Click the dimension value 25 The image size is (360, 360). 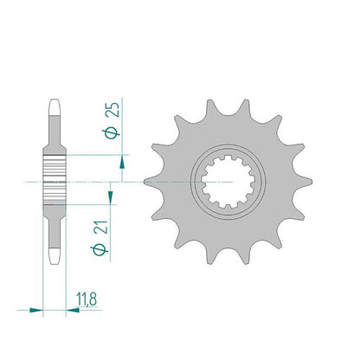coord(112,110)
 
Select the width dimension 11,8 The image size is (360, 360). coord(87,299)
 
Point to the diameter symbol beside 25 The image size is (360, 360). coord(112,133)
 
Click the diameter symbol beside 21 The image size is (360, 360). coord(100,250)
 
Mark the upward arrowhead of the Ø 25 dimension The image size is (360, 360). coord(123,162)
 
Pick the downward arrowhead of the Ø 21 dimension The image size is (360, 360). coord(111,197)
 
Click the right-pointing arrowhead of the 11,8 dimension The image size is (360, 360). coord(36,311)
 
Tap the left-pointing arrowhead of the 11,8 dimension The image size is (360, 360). coord(73,311)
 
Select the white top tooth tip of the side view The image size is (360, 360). coord(55,107)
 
